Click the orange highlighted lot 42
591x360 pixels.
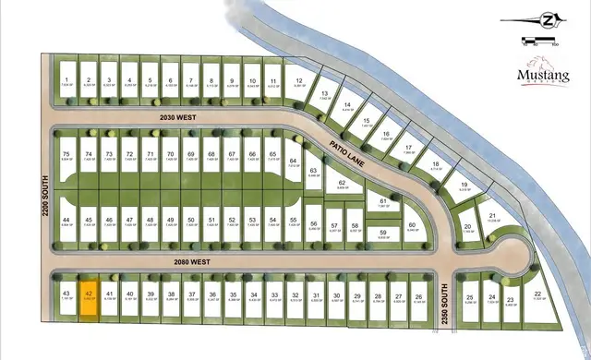click(89, 298)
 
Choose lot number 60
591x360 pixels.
click(413, 226)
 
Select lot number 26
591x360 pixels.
click(418, 296)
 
